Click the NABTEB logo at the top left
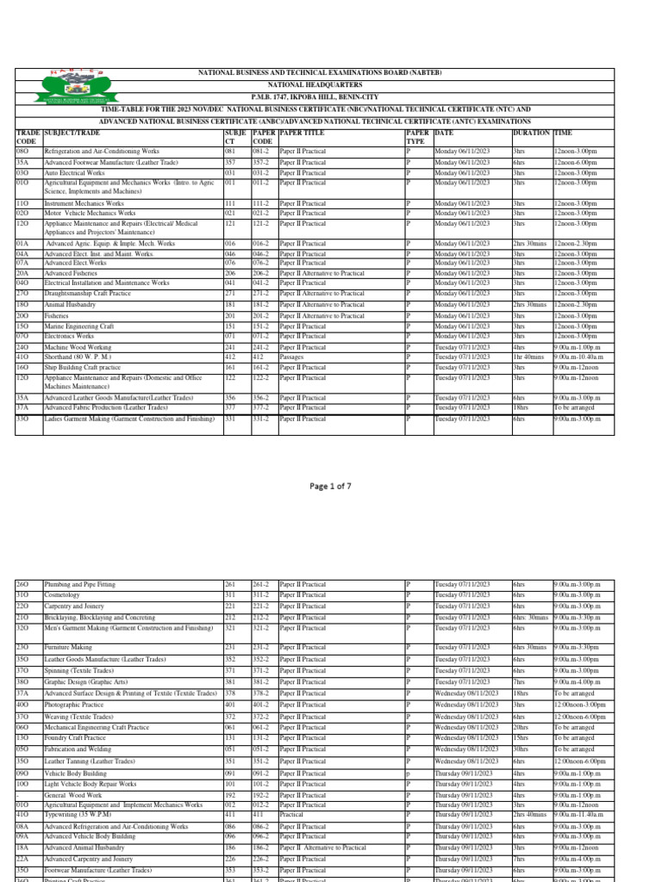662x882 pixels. coord(63,96)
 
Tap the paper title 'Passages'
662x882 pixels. coord(291,356)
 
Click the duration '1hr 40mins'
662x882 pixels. coord(528,356)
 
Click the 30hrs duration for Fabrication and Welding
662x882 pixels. coord(520,749)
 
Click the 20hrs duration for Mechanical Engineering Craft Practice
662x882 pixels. coord(520,727)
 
